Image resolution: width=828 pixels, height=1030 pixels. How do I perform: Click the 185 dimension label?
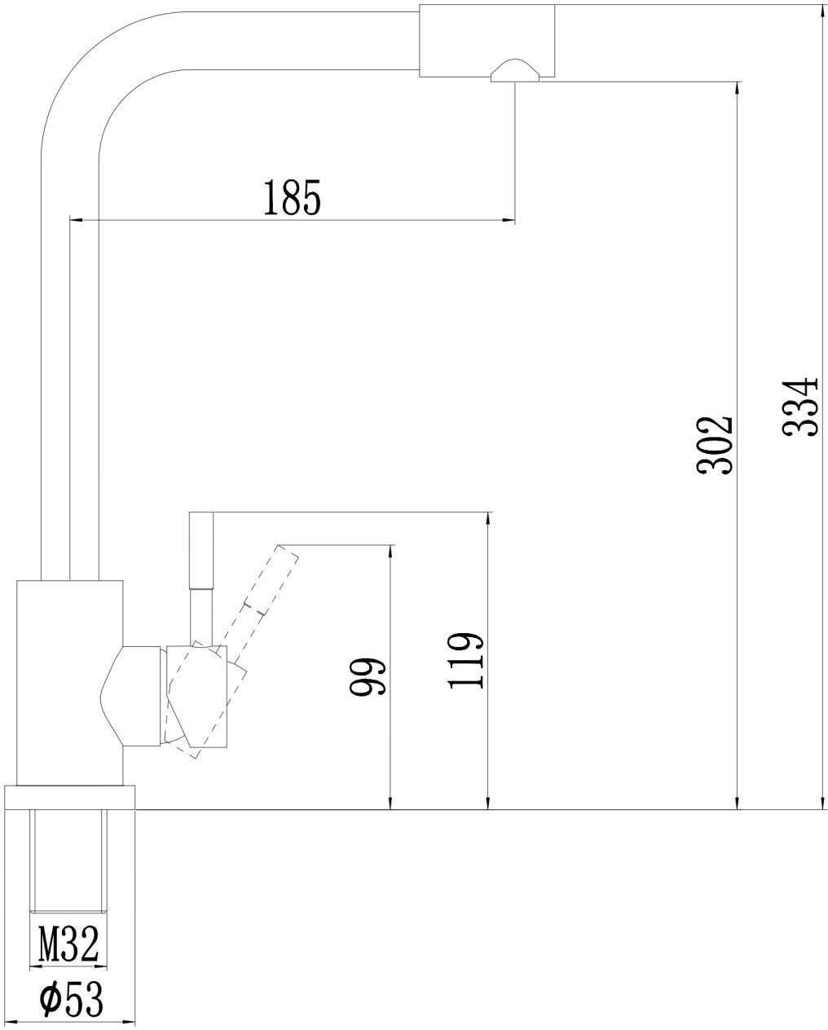pyautogui.click(x=292, y=197)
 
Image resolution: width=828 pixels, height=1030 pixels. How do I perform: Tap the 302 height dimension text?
pyautogui.click(x=714, y=445)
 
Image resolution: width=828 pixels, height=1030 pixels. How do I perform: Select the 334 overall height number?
pyautogui.click(x=799, y=407)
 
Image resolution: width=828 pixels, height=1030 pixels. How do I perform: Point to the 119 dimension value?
pyautogui.click(x=465, y=661)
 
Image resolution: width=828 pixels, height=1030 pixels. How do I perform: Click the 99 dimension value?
pyautogui.click(x=368, y=676)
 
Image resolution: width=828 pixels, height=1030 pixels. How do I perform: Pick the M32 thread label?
pyautogui.click(x=68, y=944)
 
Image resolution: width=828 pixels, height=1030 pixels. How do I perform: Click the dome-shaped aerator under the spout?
pyautogui.click(x=515, y=70)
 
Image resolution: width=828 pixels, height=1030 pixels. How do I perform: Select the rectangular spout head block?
pyautogui.click(x=487, y=41)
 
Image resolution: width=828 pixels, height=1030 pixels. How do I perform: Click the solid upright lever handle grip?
pyautogui.click(x=201, y=550)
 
